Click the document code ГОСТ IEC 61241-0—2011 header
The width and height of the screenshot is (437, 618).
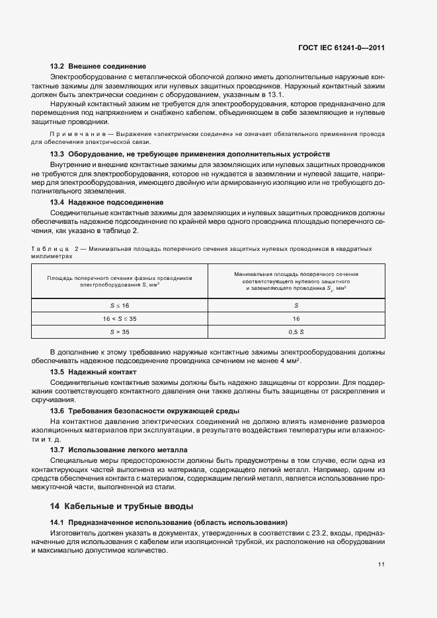click(x=342, y=48)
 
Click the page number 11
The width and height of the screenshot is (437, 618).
click(x=381, y=564)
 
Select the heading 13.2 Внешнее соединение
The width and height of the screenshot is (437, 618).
click(x=98, y=67)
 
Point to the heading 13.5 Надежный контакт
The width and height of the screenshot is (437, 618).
click(x=93, y=372)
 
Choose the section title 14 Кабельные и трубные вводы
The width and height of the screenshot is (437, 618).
click(x=122, y=506)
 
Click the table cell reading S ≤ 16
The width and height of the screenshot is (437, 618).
click(x=120, y=306)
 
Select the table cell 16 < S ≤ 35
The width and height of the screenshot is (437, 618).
click(x=120, y=318)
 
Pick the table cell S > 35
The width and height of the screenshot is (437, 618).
click(x=120, y=331)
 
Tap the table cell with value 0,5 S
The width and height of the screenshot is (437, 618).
click(x=296, y=331)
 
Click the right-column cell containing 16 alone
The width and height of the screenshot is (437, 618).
click(x=296, y=318)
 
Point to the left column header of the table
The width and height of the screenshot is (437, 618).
click(x=120, y=281)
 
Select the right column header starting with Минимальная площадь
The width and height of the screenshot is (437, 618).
click(x=296, y=281)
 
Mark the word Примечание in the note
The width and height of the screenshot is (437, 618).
click(x=72, y=133)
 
